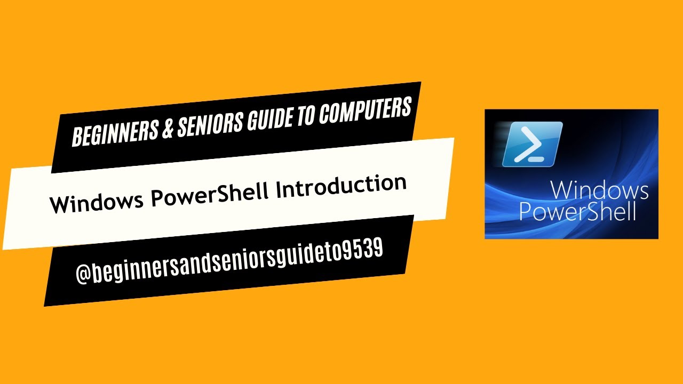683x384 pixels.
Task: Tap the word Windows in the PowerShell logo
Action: pyautogui.click(x=599, y=191)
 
